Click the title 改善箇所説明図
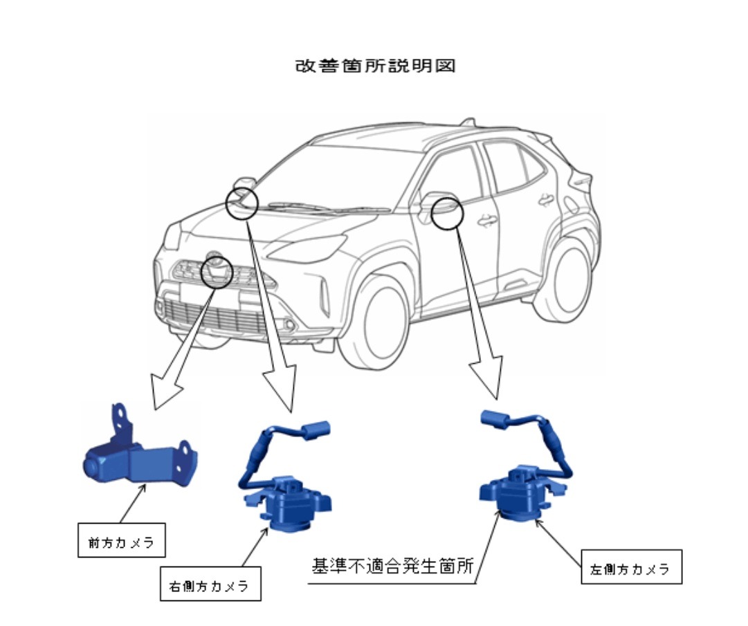point(376,66)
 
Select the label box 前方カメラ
point(122,540)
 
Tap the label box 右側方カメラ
point(210,584)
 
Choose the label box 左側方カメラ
point(632,567)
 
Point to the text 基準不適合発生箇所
point(392,566)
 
